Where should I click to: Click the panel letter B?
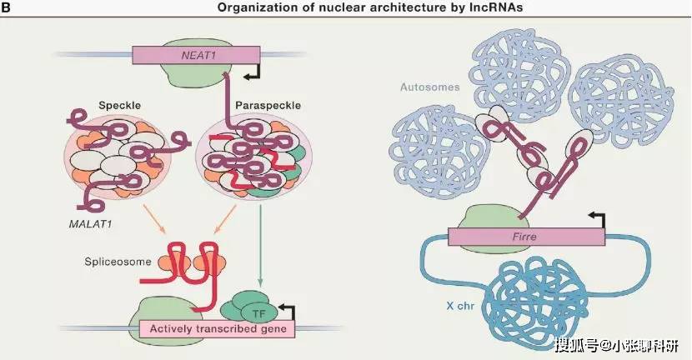tap(7, 7)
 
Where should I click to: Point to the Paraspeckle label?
tap(263, 106)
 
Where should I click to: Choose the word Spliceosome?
tap(119, 262)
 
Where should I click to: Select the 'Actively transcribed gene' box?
tap(216, 329)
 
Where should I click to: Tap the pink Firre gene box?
tap(526, 236)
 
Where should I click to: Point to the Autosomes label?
tap(425, 86)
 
